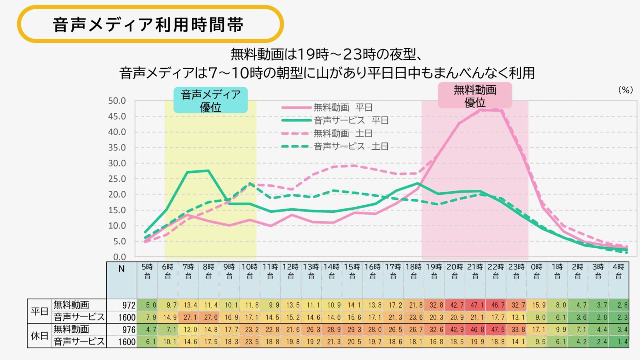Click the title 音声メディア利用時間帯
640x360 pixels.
pos(148,25)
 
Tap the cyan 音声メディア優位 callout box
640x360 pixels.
pos(210,100)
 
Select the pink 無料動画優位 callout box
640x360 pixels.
pos(475,96)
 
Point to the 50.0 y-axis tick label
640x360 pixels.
pos(117,101)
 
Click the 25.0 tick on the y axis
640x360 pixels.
pos(117,179)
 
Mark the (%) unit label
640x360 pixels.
pos(626,90)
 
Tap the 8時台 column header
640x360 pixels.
pos(208,271)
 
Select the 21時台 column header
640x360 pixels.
pos(475,271)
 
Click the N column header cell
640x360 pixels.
pos(122,269)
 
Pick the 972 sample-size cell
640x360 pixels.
pos(129,305)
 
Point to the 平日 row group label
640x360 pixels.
pos(39,311)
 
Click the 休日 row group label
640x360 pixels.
pos(39,336)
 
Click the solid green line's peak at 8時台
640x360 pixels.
pos(208,171)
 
